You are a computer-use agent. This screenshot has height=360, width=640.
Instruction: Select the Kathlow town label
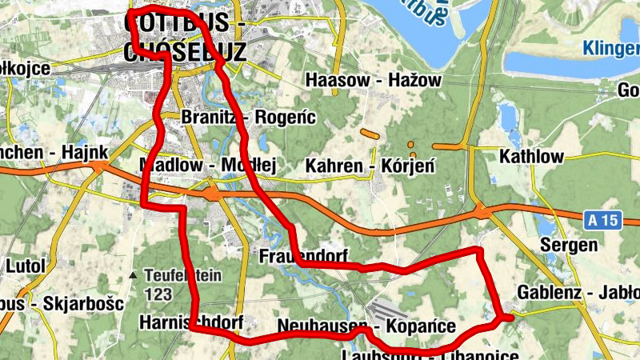click(531, 156)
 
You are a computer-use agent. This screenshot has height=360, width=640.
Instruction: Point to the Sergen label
click(569, 245)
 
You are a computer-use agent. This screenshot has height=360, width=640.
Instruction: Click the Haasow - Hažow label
click(373, 80)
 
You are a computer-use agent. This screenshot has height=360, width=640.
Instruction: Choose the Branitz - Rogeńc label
click(250, 118)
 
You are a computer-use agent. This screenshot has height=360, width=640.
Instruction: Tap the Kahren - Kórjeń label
click(370, 166)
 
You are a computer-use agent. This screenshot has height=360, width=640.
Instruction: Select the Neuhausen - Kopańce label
click(366, 326)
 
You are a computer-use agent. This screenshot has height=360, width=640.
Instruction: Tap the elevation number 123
click(158, 294)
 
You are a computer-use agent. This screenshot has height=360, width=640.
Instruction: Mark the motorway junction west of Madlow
click(99, 166)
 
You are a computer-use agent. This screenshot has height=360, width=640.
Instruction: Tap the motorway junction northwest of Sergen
click(483, 212)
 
